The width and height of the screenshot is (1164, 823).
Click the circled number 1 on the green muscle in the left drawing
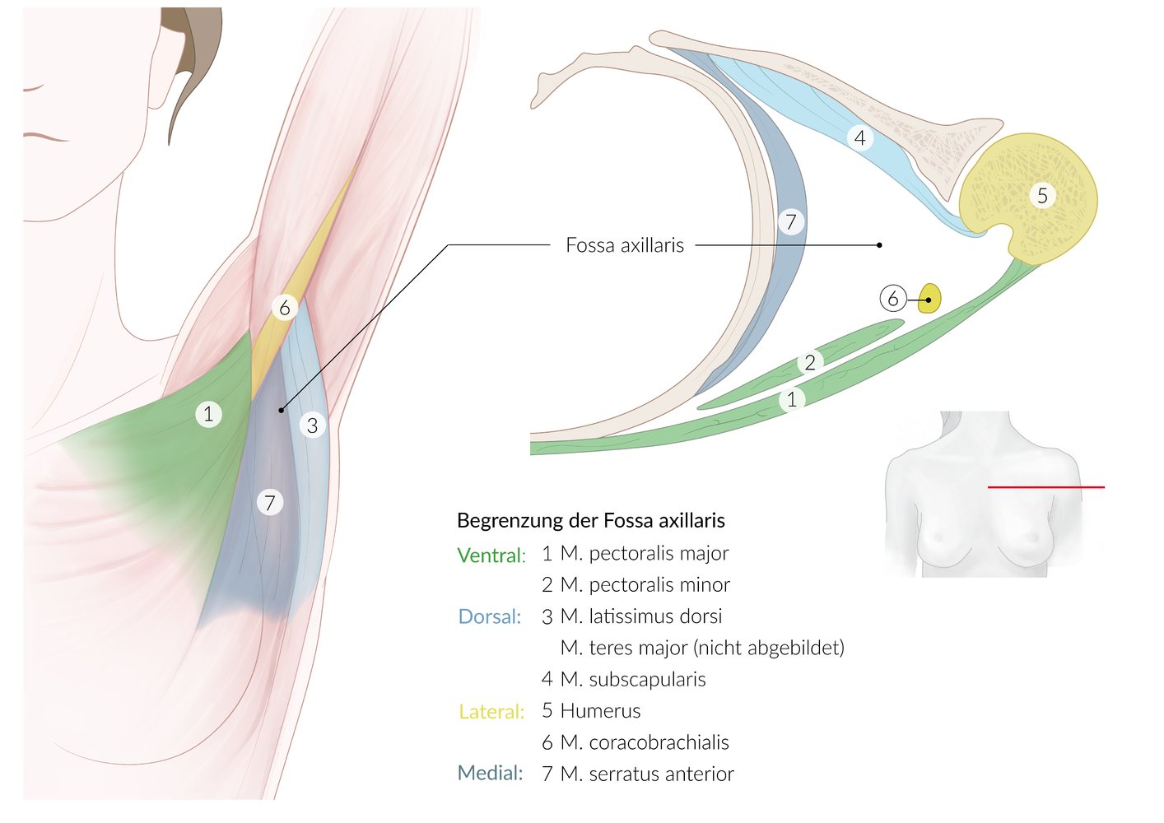(208, 414)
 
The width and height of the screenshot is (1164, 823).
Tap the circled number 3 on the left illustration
(312, 425)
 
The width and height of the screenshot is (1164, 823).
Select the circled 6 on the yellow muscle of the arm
(285, 308)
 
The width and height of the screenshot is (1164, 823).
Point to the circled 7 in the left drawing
(270, 502)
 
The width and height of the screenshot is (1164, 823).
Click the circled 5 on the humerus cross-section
(1042, 195)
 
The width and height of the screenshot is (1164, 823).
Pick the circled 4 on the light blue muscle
(860, 137)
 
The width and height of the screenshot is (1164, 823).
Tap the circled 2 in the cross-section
(810, 362)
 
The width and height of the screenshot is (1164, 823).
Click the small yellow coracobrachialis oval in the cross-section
(929, 298)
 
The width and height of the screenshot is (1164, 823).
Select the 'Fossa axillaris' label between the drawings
(625, 244)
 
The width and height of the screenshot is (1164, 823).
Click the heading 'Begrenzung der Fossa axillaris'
(591, 520)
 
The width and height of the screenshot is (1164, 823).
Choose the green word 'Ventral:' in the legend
(491, 556)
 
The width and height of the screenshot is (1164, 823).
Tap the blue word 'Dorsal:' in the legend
(490, 616)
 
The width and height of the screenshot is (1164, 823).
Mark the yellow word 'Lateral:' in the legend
(491, 711)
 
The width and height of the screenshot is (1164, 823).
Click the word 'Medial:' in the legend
(490, 773)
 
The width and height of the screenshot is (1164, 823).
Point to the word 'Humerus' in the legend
(600, 710)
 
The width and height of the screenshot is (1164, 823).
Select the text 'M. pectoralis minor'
(645, 584)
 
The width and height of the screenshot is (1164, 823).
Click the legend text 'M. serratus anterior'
(647, 774)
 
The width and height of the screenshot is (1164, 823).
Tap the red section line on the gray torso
(1046, 487)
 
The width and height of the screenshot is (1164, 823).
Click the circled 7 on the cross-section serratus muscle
(791, 222)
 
